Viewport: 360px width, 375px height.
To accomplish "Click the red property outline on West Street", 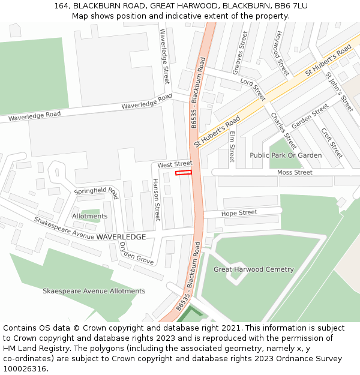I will click(183, 173).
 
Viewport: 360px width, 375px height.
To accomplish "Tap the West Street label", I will click(175, 164).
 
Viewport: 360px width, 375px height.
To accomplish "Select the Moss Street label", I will click(295, 172).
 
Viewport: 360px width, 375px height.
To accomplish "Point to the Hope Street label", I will click(239, 213).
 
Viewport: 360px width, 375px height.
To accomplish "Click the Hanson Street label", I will click(157, 199).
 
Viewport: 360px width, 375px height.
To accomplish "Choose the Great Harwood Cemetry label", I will click(254, 269).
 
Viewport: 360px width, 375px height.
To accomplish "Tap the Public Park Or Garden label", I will click(286, 155).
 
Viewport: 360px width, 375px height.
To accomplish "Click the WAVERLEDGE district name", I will click(121, 237).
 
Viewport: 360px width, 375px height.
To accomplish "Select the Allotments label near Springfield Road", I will click(90, 216).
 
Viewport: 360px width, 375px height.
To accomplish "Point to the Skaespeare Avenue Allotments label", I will click(94, 291).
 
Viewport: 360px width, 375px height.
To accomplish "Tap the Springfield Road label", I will click(96, 192).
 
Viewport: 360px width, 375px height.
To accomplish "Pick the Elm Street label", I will click(232, 146).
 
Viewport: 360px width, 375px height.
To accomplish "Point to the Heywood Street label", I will click(281, 53).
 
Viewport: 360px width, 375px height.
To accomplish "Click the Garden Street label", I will click(310, 116).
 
